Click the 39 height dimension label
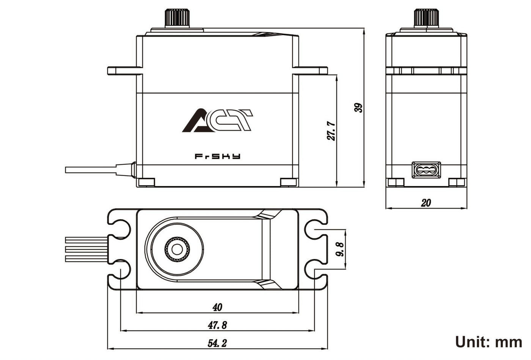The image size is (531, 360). click(x=358, y=107)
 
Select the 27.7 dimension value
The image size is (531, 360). click(x=331, y=131)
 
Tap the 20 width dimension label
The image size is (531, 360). click(x=426, y=203)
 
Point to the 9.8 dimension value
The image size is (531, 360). click(x=340, y=250)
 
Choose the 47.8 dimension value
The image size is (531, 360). click(x=217, y=325)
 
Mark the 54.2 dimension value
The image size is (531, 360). click(x=217, y=343)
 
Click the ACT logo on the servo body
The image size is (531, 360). click(x=217, y=121)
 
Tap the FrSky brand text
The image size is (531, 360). click(x=217, y=156)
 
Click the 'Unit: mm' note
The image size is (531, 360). click(x=489, y=342)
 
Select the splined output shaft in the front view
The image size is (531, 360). click(x=177, y=17)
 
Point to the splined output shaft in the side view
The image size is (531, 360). click(x=426, y=17)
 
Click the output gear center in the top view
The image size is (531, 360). click(x=177, y=249)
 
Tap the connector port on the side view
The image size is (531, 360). click(x=426, y=170)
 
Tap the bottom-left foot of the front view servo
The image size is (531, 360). click(x=146, y=182)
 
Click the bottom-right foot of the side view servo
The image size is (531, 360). click(x=457, y=182)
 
